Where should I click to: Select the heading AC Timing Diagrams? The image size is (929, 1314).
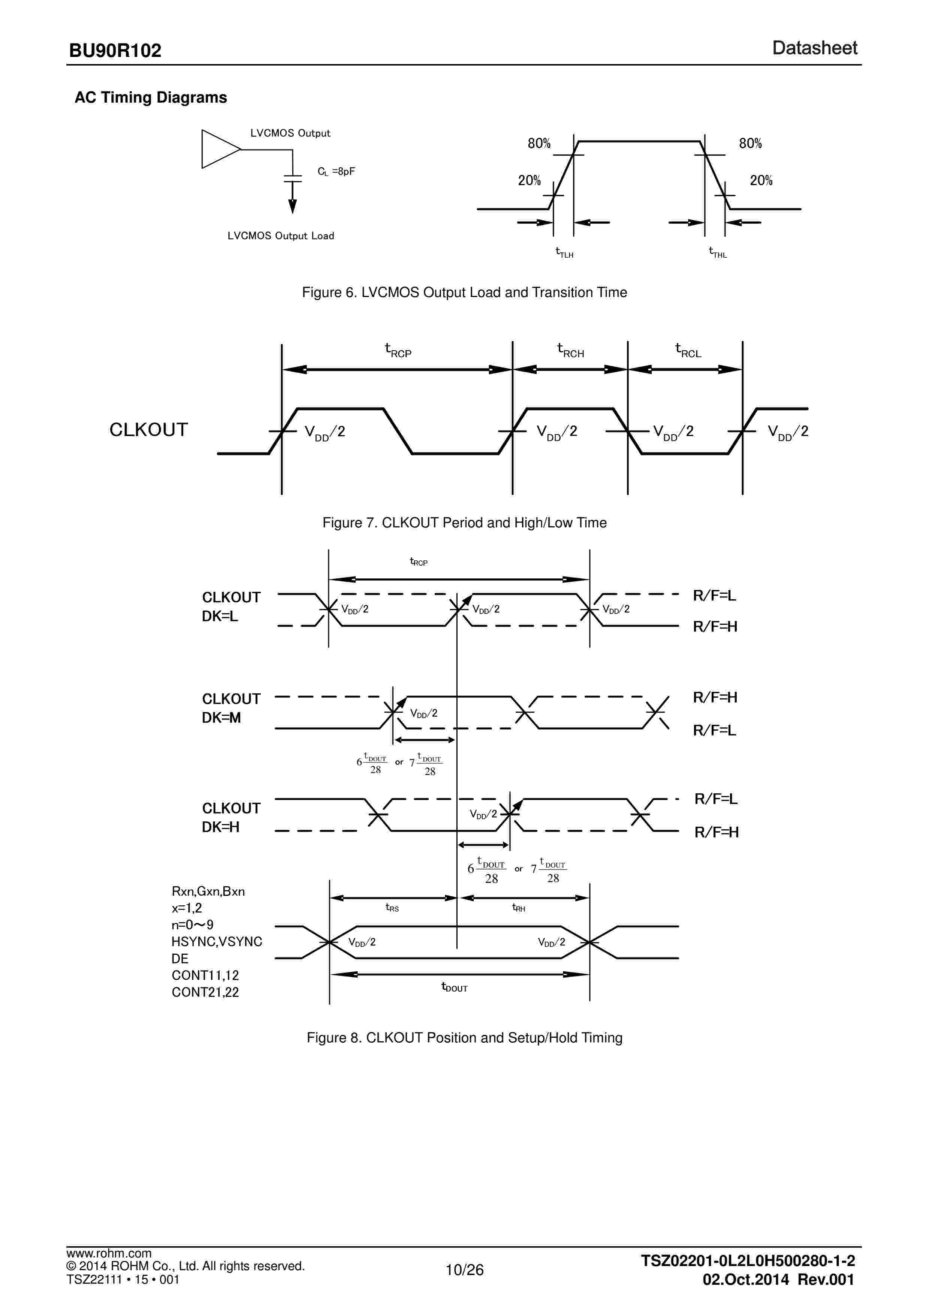[151, 97]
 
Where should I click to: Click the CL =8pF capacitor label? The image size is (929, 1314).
[336, 171]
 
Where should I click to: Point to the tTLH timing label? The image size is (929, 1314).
[564, 252]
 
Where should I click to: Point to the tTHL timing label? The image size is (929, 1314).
[717, 252]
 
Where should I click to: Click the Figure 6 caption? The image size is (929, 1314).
[464, 293]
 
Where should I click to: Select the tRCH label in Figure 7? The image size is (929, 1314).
[570, 350]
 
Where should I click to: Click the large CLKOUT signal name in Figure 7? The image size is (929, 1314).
[148, 430]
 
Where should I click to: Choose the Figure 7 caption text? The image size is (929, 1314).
[464, 523]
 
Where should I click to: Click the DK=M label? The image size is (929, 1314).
[221, 718]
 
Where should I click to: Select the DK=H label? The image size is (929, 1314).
[220, 827]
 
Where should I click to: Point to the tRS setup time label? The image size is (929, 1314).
[392, 908]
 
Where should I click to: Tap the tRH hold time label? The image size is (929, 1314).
[518, 908]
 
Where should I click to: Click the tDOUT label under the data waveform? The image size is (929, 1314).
[454, 987]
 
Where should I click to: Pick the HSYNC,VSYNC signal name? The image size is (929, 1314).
[216, 941]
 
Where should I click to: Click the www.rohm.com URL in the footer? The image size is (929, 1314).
[109, 1253]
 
